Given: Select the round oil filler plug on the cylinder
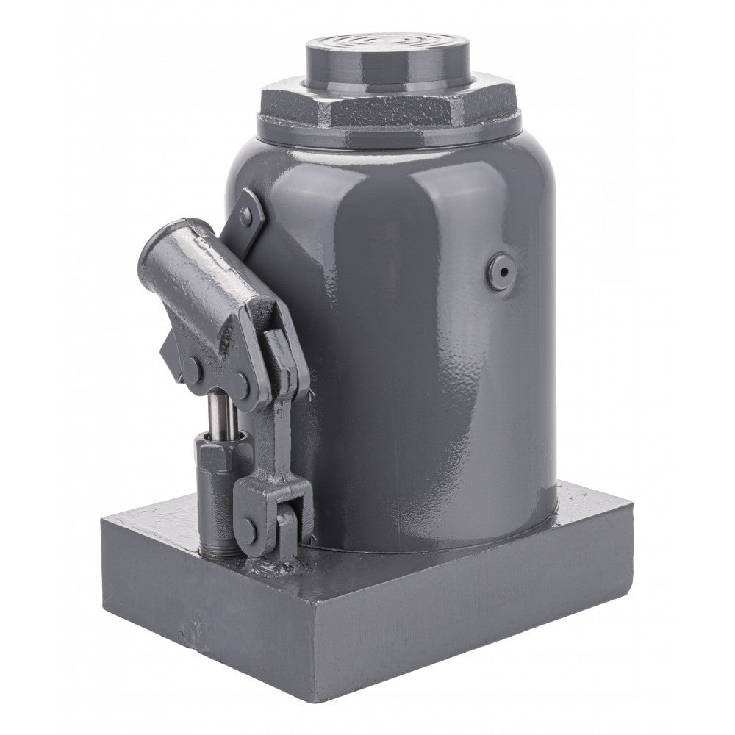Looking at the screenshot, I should click(x=501, y=270).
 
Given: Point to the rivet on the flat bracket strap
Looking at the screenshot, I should click(x=245, y=215).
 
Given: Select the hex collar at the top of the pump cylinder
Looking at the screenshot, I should click(x=215, y=456).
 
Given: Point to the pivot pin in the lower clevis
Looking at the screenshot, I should click(x=249, y=531).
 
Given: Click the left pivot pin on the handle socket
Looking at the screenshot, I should click(x=193, y=371).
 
